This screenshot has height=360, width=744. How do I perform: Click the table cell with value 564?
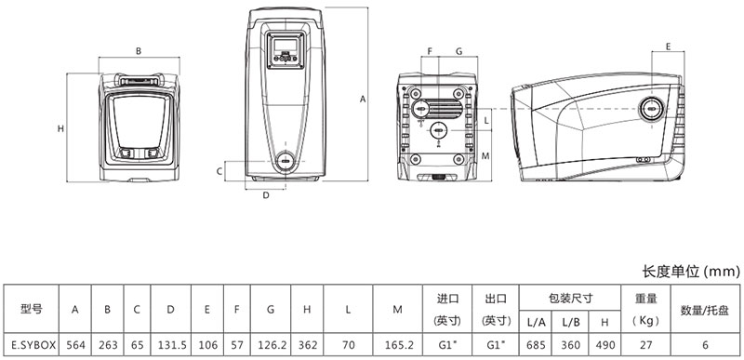75,345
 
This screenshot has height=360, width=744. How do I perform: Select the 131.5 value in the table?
171,345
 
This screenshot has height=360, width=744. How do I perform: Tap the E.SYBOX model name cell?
32,345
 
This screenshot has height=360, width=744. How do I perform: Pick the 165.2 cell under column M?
398,345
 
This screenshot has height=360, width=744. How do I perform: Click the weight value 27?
645,345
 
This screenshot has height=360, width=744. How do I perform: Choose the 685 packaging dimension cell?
537,345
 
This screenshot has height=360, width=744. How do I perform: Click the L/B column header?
571,322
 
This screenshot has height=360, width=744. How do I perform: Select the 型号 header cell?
32,310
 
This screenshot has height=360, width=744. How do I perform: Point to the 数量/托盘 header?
705,310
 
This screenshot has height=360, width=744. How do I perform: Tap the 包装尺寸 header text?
570,299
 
